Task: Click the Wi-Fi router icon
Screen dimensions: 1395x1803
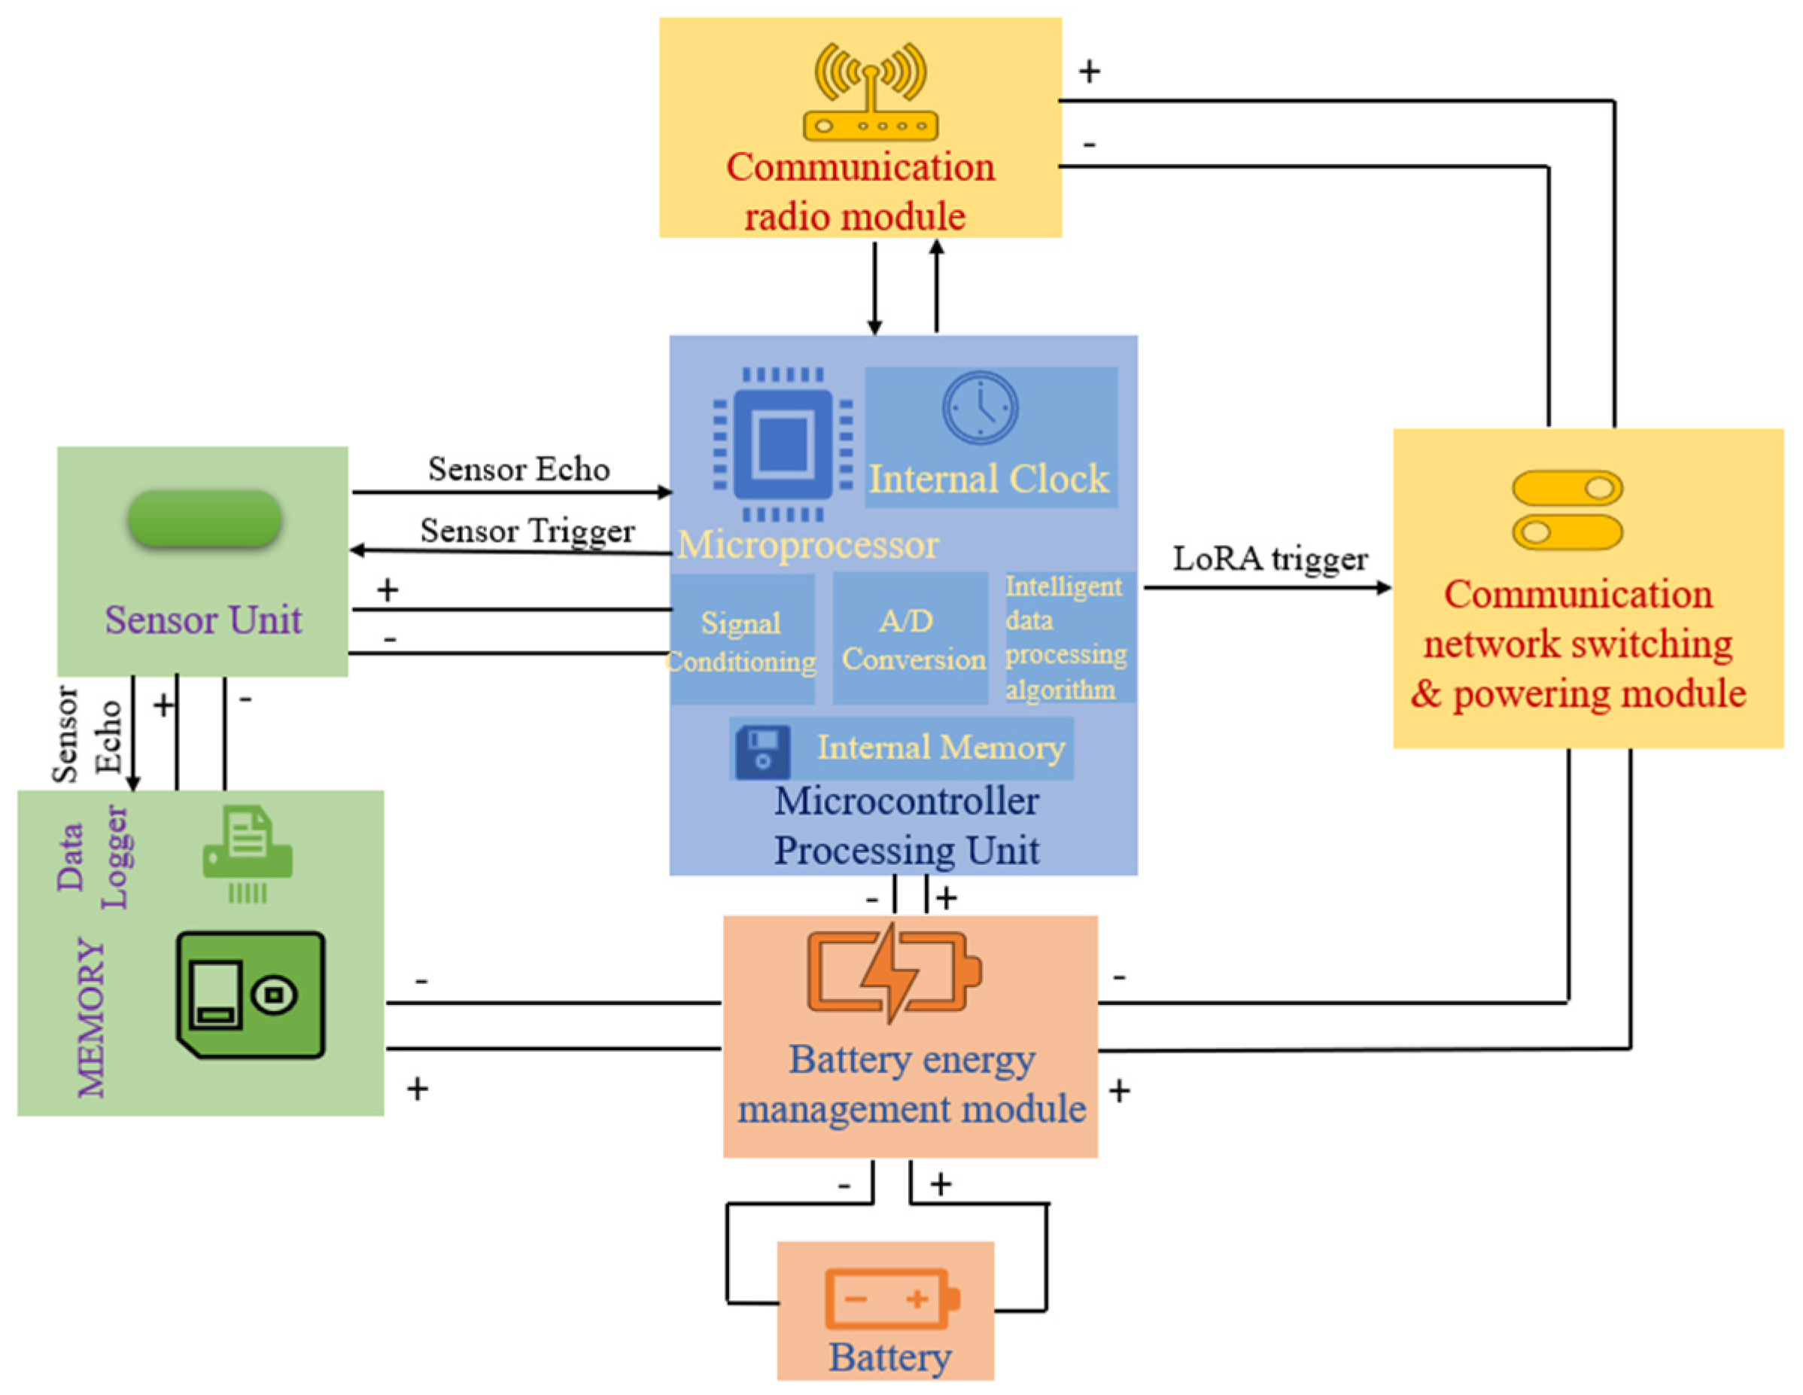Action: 869,93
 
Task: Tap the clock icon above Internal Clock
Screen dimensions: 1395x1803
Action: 980,408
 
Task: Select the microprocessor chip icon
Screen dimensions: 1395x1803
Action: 783,443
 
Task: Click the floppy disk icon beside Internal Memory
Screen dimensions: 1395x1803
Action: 762,751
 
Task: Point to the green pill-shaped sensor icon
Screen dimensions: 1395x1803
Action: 204,519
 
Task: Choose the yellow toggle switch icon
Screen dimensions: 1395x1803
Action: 1567,510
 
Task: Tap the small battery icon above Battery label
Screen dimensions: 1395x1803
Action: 892,1299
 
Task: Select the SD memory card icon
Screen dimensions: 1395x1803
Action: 250,994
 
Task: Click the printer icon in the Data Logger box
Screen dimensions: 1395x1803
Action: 248,854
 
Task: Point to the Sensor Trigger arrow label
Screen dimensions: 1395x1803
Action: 527,530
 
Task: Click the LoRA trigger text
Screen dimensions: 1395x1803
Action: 1269,559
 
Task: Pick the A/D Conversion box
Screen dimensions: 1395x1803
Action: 911,639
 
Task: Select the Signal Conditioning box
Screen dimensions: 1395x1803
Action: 740,641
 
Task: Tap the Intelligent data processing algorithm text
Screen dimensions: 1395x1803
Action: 1064,638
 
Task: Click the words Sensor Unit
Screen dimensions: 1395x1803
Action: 203,620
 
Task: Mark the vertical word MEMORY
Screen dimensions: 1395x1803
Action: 91,1018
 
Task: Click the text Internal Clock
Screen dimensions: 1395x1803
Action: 988,479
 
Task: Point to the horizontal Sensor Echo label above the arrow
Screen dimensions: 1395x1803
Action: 518,469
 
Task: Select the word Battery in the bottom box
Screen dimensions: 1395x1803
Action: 889,1357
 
